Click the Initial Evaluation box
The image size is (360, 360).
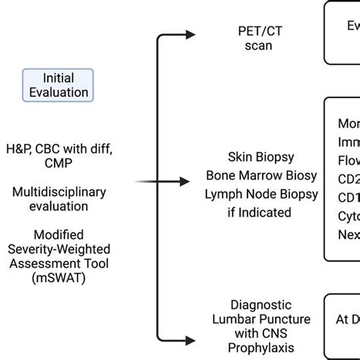tap(58, 84)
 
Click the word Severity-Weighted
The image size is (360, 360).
tap(58, 248)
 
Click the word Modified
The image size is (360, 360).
tap(58, 235)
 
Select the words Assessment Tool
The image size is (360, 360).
tap(58, 263)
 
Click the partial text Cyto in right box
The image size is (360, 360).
tap(349, 216)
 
